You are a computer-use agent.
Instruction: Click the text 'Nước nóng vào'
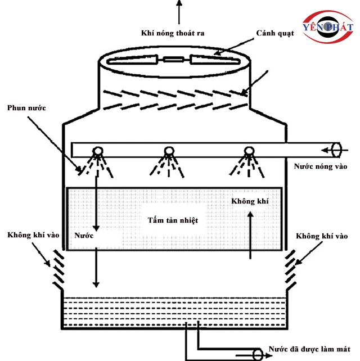pos(321,166)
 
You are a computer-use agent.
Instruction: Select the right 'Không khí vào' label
pos(321,236)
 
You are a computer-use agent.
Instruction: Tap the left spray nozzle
pos(97,152)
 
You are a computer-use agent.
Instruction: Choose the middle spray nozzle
pos(168,152)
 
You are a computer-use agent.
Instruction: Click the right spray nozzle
pos(247,152)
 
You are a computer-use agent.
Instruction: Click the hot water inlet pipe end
pos(337,150)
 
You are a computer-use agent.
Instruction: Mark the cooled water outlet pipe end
pos(258,353)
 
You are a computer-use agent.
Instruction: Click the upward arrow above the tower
pos(179,10)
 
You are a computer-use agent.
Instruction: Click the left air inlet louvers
pos(58,268)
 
